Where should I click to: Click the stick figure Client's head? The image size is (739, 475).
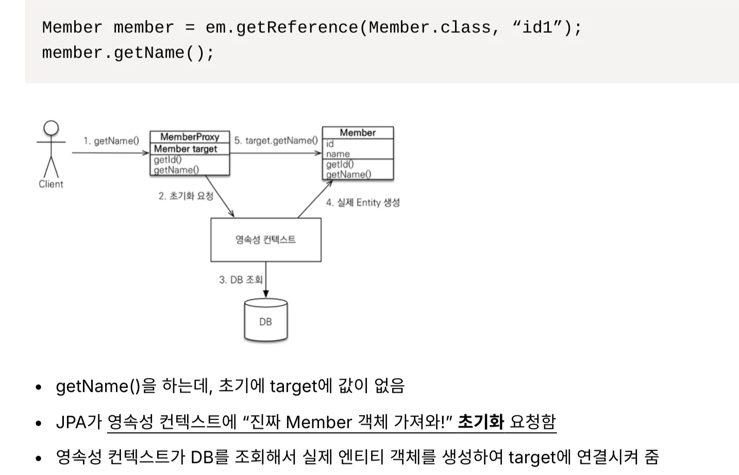(x=51, y=128)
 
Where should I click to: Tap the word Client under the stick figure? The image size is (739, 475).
(x=51, y=184)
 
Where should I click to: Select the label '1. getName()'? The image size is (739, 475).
(x=111, y=141)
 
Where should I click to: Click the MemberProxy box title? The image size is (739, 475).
(x=190, y=137)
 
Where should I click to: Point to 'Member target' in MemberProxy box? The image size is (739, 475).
(x=186, y=149)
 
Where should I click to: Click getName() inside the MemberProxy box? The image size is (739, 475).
(x=176, y=170)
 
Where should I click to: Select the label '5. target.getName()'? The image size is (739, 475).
(x=276, y=140)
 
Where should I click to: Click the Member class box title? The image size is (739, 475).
(x=358, y=133)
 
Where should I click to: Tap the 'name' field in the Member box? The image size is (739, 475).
(x=338, y=154)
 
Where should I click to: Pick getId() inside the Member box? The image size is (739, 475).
(x=340, y=164)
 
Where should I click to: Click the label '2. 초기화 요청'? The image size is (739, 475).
(x=186, y=196)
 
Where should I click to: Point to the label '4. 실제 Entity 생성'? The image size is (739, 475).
(x=363, y=203)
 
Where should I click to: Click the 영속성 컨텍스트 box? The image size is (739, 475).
(x=265, y=239)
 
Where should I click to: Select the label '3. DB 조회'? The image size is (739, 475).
(x=241, y=280)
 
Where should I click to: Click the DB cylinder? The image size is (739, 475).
(x=265, y=321)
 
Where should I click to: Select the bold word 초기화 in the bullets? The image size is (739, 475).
(x=480, y=422)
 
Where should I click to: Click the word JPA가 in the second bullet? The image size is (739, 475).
(x=79, y=422)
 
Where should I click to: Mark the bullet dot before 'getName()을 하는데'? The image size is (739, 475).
(x=39, y=387)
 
